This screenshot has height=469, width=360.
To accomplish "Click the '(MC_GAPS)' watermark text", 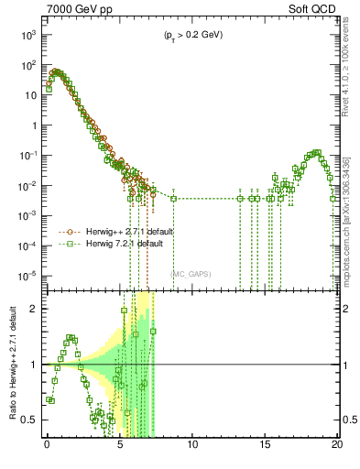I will coord(190,272).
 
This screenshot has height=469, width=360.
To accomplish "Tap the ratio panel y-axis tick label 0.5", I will coord(31,420).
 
